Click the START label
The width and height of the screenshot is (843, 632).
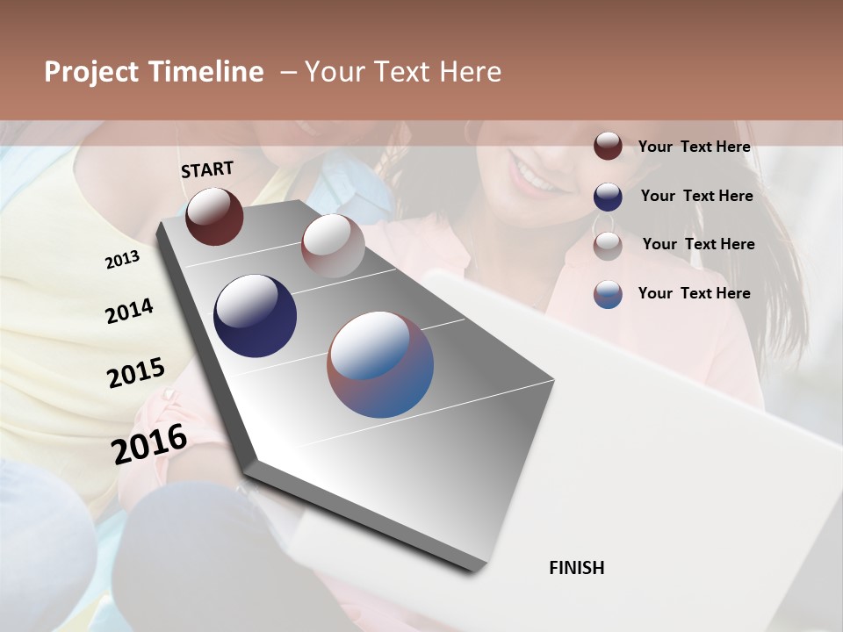pyautogui.click(x=207, y=169)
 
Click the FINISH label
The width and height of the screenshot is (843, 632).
pyautogui.click(x=576, y=568)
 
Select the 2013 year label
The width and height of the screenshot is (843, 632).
pyautogui.click(x=122, y=260)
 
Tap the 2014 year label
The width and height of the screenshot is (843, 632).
pyautogui.click(x=129, y=311)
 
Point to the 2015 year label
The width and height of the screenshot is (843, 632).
pyautogui.click(x=136, y=372)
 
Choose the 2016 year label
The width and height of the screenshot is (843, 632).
pyautogui.click(x=149, y=443)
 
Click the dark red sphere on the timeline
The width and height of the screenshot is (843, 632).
pyautogui.click(x=214, y=216)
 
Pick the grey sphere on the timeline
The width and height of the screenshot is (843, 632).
pyautogui.click(x=333, y=245)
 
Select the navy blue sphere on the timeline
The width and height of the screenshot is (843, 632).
pyautogui.click(x=255, y=316)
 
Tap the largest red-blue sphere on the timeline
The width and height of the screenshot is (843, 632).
pyautogui.click(x=380, y=364)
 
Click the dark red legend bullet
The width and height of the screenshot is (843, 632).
pyautogui.click(x=608, y=147)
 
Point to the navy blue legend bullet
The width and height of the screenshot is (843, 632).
pyautogui.click(x=608, y=197)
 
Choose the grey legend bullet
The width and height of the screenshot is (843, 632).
pyautogui.click(x=608, y=246)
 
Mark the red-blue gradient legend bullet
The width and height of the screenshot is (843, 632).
pyautogui.click(x=608, y=294)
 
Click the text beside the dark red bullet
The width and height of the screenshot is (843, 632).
pyautogui.click(x=694, y=147)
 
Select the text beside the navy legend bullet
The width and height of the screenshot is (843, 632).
pyautogui.click(x=696, y=196)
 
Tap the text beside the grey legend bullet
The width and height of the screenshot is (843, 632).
pyautogui.click(x=698, y=244)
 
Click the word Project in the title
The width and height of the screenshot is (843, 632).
pyautogui.click(x=91, y=72)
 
